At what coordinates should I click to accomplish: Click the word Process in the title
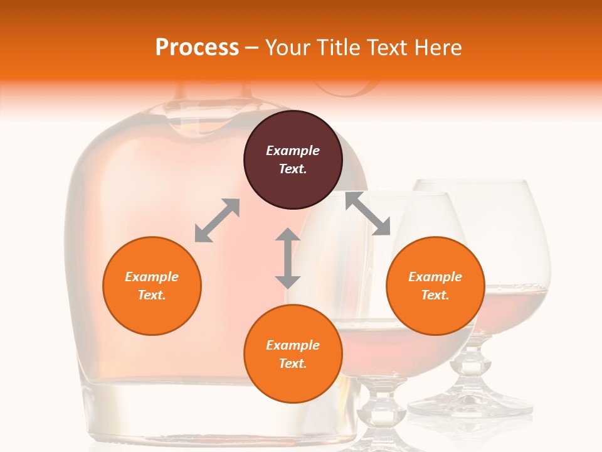(x=197, y=48)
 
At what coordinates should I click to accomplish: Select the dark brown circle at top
(x=293, y=160)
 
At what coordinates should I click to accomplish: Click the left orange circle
(x=152, y=286)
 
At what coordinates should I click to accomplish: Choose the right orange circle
(x=435, y=286)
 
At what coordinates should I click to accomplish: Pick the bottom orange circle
(x=293, y=354)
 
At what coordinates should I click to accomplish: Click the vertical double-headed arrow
(x=288, y=258)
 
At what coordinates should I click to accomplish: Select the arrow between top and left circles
(x=217, y=220)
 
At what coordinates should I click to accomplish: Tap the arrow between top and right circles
(x=368, y=214)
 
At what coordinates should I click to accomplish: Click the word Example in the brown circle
(x=293, y=151)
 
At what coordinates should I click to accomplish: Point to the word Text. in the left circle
(x=152, y=295)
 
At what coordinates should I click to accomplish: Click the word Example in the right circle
(x=435, y=277)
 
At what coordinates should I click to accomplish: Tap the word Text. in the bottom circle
(x=293, y=363)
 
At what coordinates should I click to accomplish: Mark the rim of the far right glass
(x=473, y=184)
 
